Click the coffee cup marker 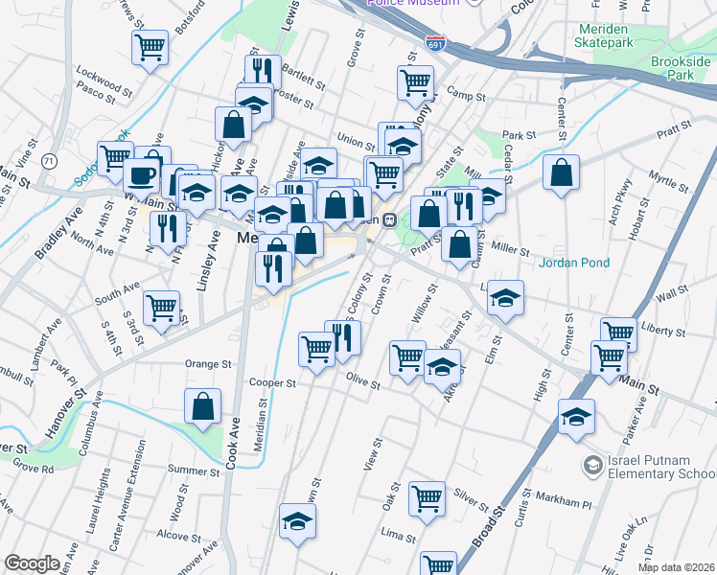pos(142,175)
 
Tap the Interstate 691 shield pos(434,43)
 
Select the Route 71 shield pos(48,161)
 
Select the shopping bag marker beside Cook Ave pos(203,406)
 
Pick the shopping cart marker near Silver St pos(427,497)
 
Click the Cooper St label pos(271,382)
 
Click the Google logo pos(32,563)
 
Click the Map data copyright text pos(677,567)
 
